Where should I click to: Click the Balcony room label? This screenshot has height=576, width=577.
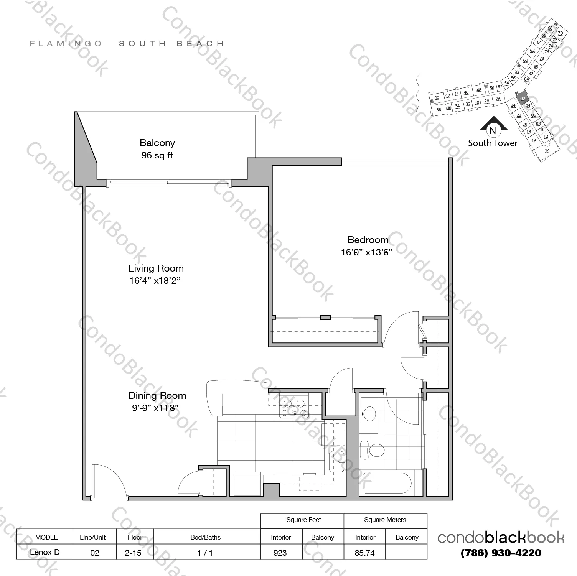tap(157, 143)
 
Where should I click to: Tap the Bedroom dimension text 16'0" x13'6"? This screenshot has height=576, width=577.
tap(366, 252)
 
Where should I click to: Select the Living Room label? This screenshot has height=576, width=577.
tap(156, 268)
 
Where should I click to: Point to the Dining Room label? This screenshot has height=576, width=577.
tap(157, 395)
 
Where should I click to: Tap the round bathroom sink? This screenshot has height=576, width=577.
tap(370, 414)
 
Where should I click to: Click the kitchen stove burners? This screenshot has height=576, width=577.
tap(294, 408)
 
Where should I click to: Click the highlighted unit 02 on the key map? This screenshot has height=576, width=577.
tap(522, 98)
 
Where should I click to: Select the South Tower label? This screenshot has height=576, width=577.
tap(493, 143)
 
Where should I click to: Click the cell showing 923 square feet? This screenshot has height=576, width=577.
tap(280, 552)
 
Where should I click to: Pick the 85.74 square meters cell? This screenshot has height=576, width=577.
tap(364, 552)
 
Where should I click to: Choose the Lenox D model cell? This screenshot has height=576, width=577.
tap(45, 552)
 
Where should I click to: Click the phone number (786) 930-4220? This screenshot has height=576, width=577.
tap(501, 553)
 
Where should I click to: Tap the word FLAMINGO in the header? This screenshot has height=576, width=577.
tap(66, 44)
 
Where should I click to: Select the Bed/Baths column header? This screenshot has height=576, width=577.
tap(206, 537)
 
